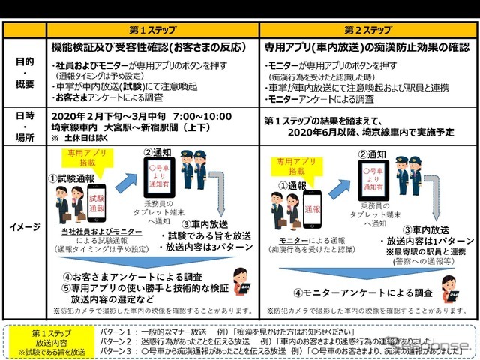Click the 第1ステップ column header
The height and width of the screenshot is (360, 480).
point(154,30)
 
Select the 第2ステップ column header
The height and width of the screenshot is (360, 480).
point(367,30)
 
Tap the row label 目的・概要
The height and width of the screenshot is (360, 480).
point(24,74)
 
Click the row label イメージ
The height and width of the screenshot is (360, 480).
point(24,226)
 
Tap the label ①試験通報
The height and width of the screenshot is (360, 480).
point(72,178)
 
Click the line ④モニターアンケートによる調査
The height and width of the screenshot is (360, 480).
point(364,292)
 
